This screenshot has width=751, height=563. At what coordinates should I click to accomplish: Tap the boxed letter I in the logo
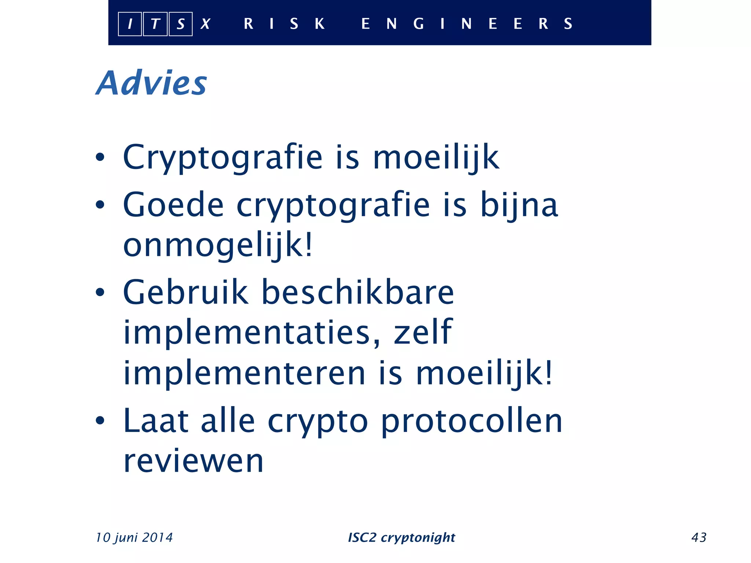click(x=130, y=24)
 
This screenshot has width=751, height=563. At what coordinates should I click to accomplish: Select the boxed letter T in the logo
click(x=155, y=24)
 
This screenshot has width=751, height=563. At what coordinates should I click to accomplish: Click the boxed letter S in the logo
click(x=180, y=24)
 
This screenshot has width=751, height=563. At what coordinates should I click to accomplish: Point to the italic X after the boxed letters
click(x=205, y=24)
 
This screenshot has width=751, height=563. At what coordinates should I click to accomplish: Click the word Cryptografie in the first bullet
click(x=223, y=158)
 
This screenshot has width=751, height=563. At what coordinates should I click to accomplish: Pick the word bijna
click(x=519, y=205)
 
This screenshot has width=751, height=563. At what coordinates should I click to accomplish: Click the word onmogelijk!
click(x=218, y=245)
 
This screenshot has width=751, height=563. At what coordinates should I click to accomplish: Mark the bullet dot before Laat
click(x=100, y=420)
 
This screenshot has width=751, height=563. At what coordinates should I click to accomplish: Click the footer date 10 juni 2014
click(x=134, y=537)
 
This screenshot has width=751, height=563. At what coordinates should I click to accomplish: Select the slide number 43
click(x=699, y=537)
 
